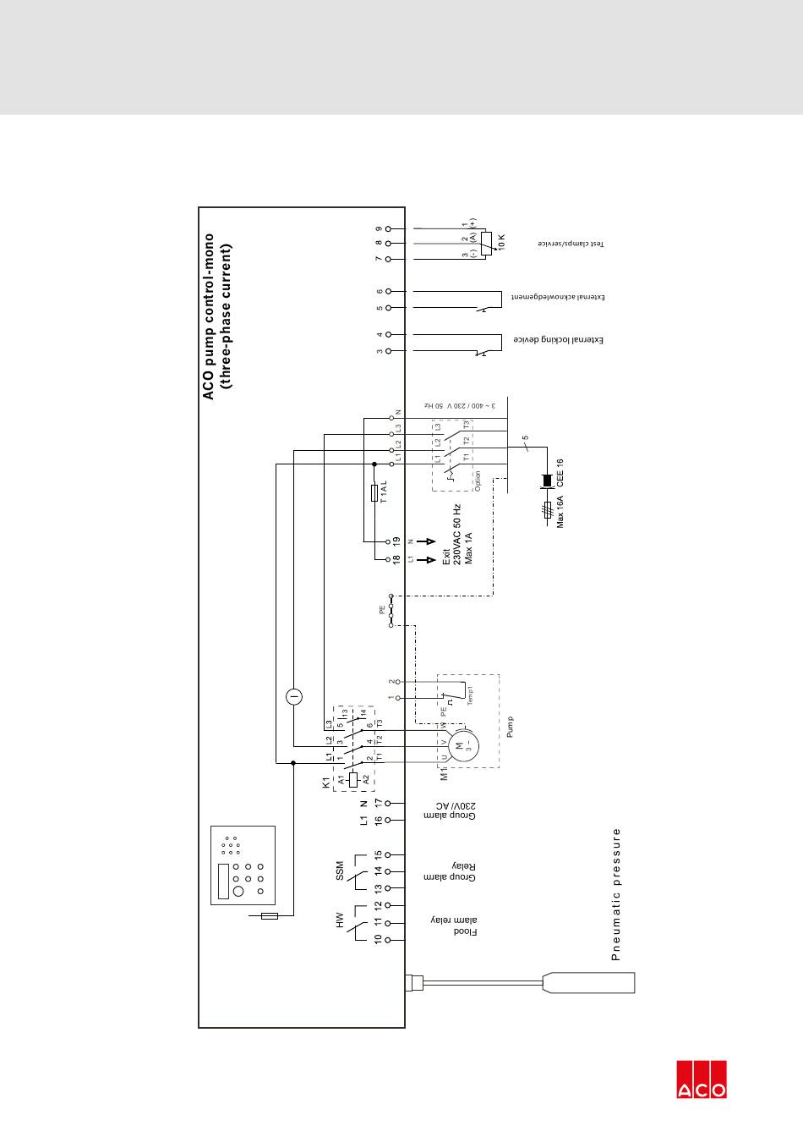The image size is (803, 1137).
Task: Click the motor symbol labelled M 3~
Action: point(461,746)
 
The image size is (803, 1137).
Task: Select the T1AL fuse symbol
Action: point(374,493)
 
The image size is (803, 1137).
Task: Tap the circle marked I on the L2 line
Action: point(293,696)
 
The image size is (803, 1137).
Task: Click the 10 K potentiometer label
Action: point(500,243)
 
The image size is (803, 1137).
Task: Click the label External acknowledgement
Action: point(559,298)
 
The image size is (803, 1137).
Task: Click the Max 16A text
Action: point(560,514)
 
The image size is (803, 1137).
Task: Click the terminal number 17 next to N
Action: point(378,802)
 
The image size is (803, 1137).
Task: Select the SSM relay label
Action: point(340,870)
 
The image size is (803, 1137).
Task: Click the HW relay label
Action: point(340,920)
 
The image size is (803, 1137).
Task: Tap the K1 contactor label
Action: point(325,784)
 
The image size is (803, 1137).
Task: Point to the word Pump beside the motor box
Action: point(511,728)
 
